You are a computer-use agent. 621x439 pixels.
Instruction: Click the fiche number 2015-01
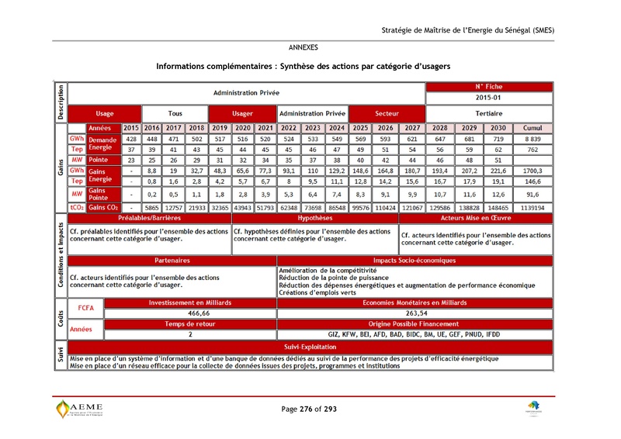click(x=489, y=99)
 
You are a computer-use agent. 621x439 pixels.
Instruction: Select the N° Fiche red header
click(x=489, y=87)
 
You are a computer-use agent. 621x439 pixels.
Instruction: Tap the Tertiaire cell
click(x=489, y=113)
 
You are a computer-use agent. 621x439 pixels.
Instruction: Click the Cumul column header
click(x=533, y=128)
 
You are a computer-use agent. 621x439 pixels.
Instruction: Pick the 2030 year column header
click(x=498, y=128)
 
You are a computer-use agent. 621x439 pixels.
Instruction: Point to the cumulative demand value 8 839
click(x=533, y=138)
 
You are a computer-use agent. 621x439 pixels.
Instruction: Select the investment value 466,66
click(x=190, y=313)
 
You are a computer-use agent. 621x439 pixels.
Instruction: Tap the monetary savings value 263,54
click(x=415, y=313)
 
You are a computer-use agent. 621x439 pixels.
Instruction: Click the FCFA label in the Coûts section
click(x=85, y=308)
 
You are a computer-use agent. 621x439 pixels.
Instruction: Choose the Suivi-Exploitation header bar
click(x=310, y=347)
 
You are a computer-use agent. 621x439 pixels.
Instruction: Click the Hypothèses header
click(x=314, y=219)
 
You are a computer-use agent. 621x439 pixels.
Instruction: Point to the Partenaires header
click(x=172, y=261)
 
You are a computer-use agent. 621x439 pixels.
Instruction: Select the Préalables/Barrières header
click(x=149, y=219)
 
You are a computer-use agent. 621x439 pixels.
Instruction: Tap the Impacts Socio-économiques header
click(x=415, y=261)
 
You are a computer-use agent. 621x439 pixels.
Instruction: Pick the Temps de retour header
click(x=190, y=323)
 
